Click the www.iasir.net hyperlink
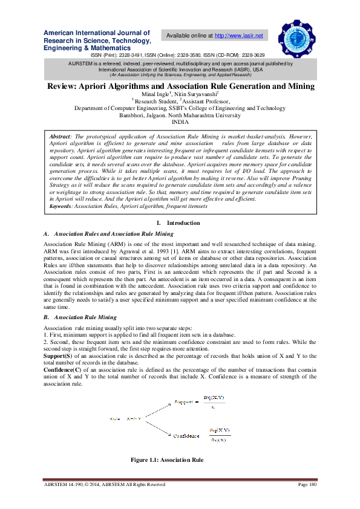pyautogui.click(x=239, y=36)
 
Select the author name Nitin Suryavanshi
pyautogui.click(x=195, y=95)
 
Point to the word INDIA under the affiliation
pyautogui.click(x=180, y=122)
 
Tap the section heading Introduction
pyautogui.click(x=183, y=223)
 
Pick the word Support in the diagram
pyautogui.click(x=183, y=401)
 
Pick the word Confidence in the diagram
pyautogui.click(x=186, y=435)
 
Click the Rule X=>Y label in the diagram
pyautogui.click(x=126, y=418)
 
